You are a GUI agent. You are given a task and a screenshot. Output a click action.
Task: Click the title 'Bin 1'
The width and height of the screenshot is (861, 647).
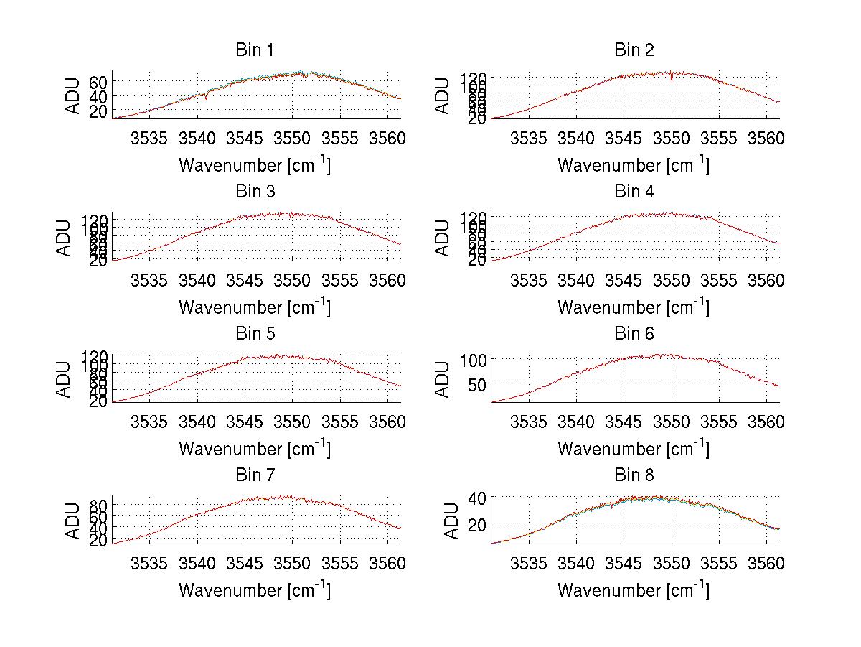point(254,50)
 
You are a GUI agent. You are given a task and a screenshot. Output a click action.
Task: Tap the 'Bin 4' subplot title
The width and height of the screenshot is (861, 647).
point(634,192)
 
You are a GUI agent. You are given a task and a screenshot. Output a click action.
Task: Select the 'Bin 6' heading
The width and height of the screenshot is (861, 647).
point(634,333)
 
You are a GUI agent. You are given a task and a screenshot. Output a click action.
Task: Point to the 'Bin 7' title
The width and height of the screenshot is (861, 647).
point(254,475)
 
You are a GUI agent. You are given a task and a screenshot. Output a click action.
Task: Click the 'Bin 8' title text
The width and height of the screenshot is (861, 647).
point(634,475)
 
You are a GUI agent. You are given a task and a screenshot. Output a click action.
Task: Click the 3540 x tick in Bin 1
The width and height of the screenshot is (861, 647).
point(197,138)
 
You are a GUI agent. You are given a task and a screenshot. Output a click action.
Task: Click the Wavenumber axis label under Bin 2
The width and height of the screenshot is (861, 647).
point(634,164)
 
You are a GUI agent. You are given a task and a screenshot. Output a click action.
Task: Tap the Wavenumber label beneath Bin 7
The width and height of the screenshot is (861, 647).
point(254,590)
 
